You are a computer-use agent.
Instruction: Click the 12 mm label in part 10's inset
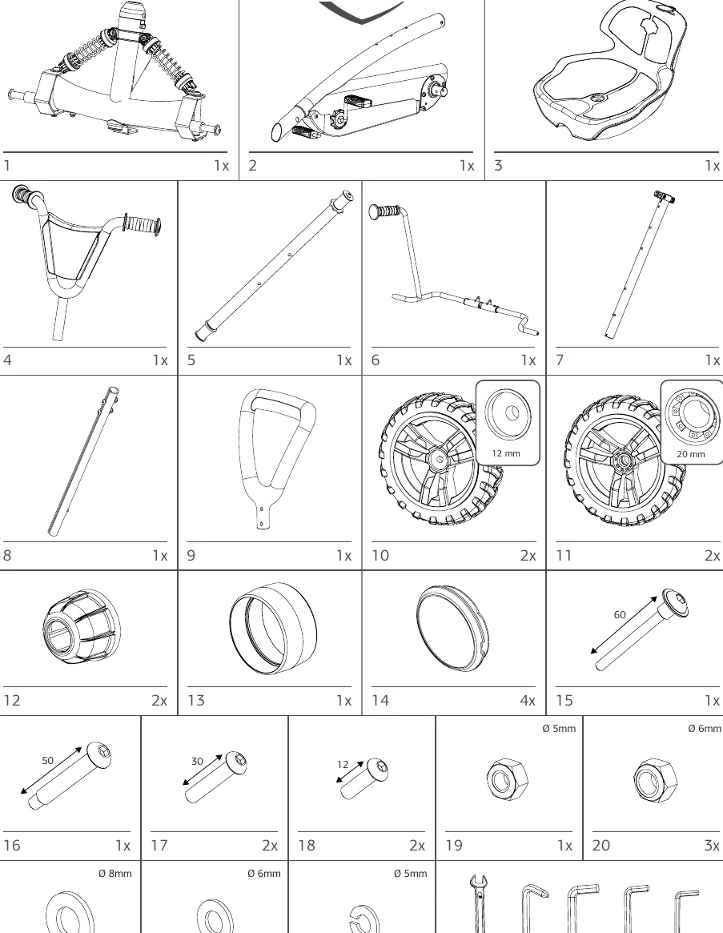[x=506, y=453]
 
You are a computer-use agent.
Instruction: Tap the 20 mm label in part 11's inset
[x=691, y=454]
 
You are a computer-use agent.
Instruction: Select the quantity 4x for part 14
[x=528, y=700]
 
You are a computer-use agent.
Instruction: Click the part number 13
[x=196, y=700]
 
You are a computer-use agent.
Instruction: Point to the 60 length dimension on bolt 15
[x=620, y=615]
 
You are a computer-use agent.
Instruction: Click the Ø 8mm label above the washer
[x=114, y=874]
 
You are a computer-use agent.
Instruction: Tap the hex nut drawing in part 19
[x=508, y=779]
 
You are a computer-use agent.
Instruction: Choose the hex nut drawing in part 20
[x=655, y=779]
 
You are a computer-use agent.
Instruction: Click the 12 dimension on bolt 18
[x=343, y=765]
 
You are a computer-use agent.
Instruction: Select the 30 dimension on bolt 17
[x=197, y=761]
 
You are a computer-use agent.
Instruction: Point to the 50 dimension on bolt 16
[x=47, y=760]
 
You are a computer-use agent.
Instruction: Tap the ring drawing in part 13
[x=273, y=628]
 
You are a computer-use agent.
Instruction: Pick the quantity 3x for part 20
[x=712, y=846]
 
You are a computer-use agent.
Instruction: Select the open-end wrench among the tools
[x=478, y=904]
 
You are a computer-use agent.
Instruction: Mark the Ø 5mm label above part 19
[x=559, y=728]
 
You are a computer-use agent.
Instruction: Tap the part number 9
[x=191, y=555]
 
